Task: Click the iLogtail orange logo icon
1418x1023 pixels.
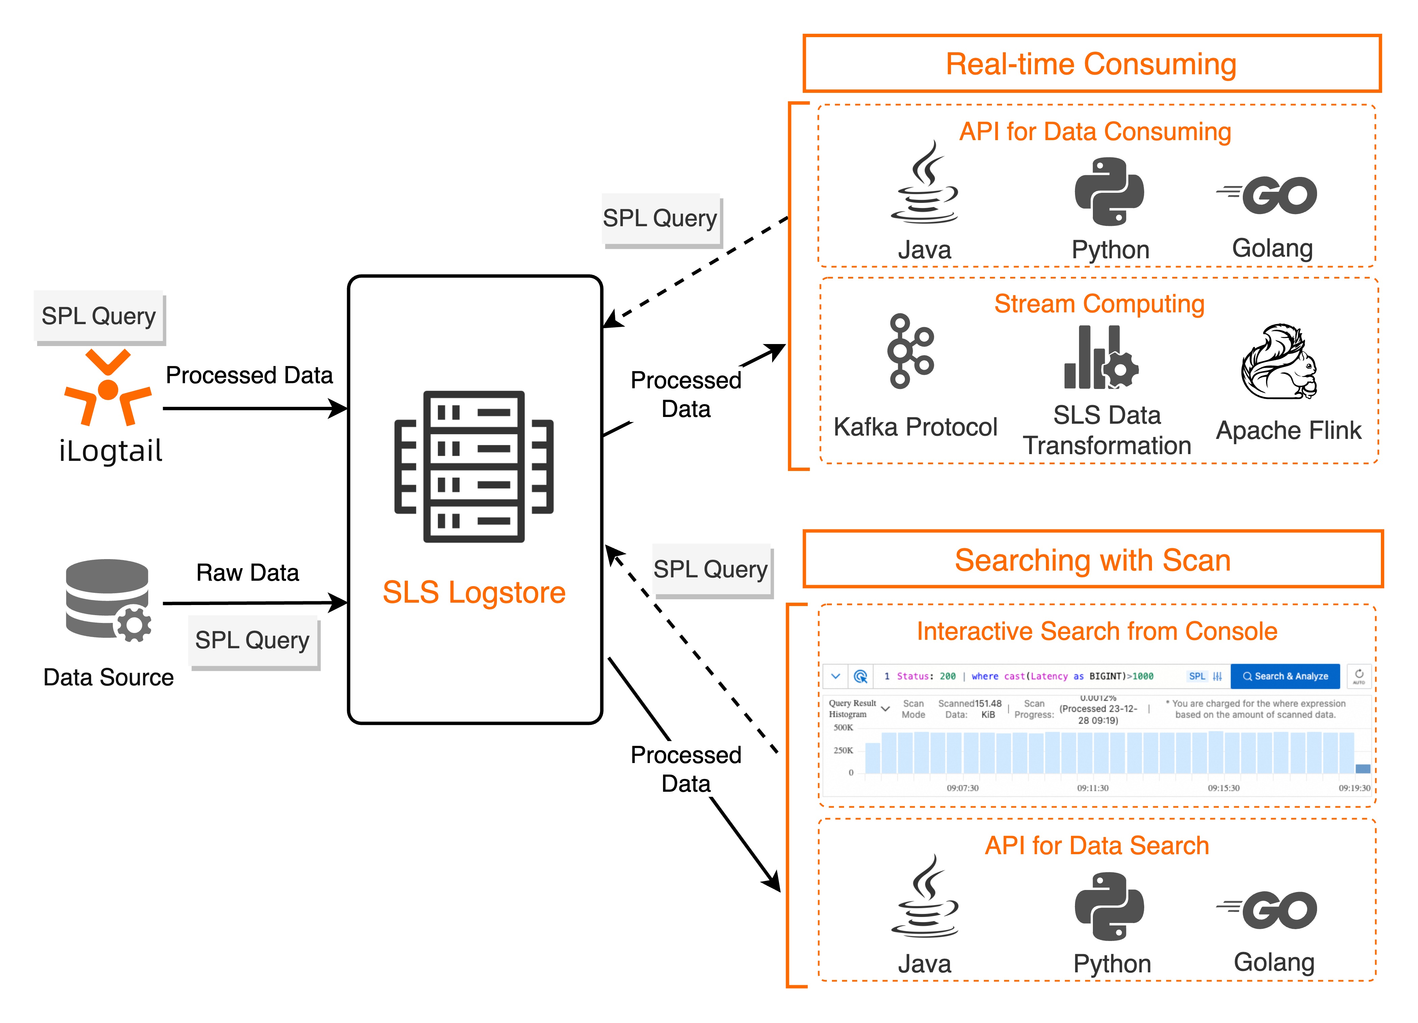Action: (108, 388)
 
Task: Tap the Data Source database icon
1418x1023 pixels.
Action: (108, 600)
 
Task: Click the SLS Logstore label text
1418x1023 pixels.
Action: (474, 592)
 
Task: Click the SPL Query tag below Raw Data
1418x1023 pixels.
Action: (253, 640)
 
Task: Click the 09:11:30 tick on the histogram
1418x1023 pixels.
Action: (1092, 788)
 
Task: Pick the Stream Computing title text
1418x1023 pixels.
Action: (1099, 304)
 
